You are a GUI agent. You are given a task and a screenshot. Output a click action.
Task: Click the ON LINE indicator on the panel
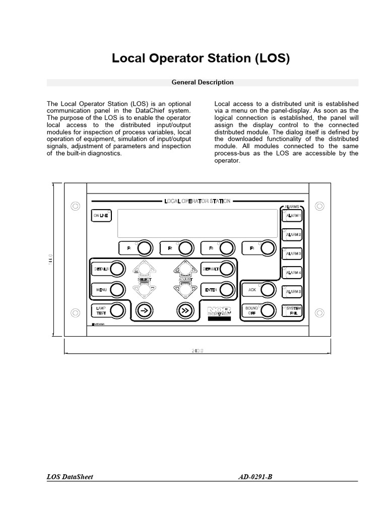tap(100, 216)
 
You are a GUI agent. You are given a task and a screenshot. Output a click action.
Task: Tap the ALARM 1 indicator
tap(292, 216)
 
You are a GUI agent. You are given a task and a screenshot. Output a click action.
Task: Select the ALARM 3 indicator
tap(292, 254)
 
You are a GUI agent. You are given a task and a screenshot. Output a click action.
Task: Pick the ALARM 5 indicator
tap(292, 292)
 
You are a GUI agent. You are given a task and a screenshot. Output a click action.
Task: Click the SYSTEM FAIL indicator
tap(292, 310)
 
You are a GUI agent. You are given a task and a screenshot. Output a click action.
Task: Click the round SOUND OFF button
tap(268, 310)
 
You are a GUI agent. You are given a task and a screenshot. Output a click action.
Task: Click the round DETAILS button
tap(117, 269)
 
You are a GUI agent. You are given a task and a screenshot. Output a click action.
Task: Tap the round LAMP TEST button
tap(117, 310)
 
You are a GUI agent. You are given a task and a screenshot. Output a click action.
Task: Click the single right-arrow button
tap(144, 310)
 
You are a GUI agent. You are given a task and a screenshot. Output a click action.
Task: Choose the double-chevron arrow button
tap(185, 310)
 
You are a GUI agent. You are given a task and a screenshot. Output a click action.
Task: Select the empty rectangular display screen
tap(197, 223)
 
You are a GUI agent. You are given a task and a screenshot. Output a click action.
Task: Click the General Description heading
tap(202, 82)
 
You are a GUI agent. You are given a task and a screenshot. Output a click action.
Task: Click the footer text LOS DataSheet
tap(70, 476)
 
